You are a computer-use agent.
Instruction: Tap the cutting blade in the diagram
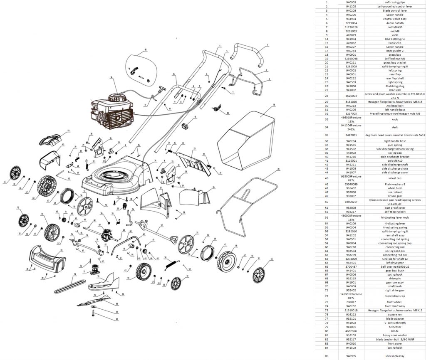coord(96,299)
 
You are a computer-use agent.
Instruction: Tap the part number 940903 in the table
coord(350,2)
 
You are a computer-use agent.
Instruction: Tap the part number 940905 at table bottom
coord(350,356)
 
